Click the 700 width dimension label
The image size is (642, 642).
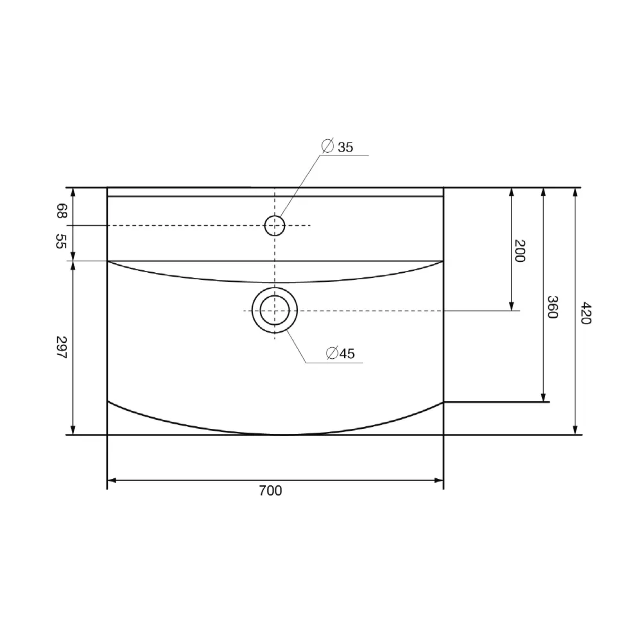click(270, 490)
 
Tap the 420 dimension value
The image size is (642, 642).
click(586, 313)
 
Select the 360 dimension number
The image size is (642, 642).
click(553, 307)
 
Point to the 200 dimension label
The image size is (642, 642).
click(519, 250)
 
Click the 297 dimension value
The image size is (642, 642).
click(62, 347)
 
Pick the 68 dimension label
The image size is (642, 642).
click(62, 211)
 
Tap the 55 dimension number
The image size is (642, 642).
click(62, 241)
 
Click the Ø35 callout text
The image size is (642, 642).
click(337, 146)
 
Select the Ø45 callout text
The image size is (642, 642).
click(340, 353)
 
